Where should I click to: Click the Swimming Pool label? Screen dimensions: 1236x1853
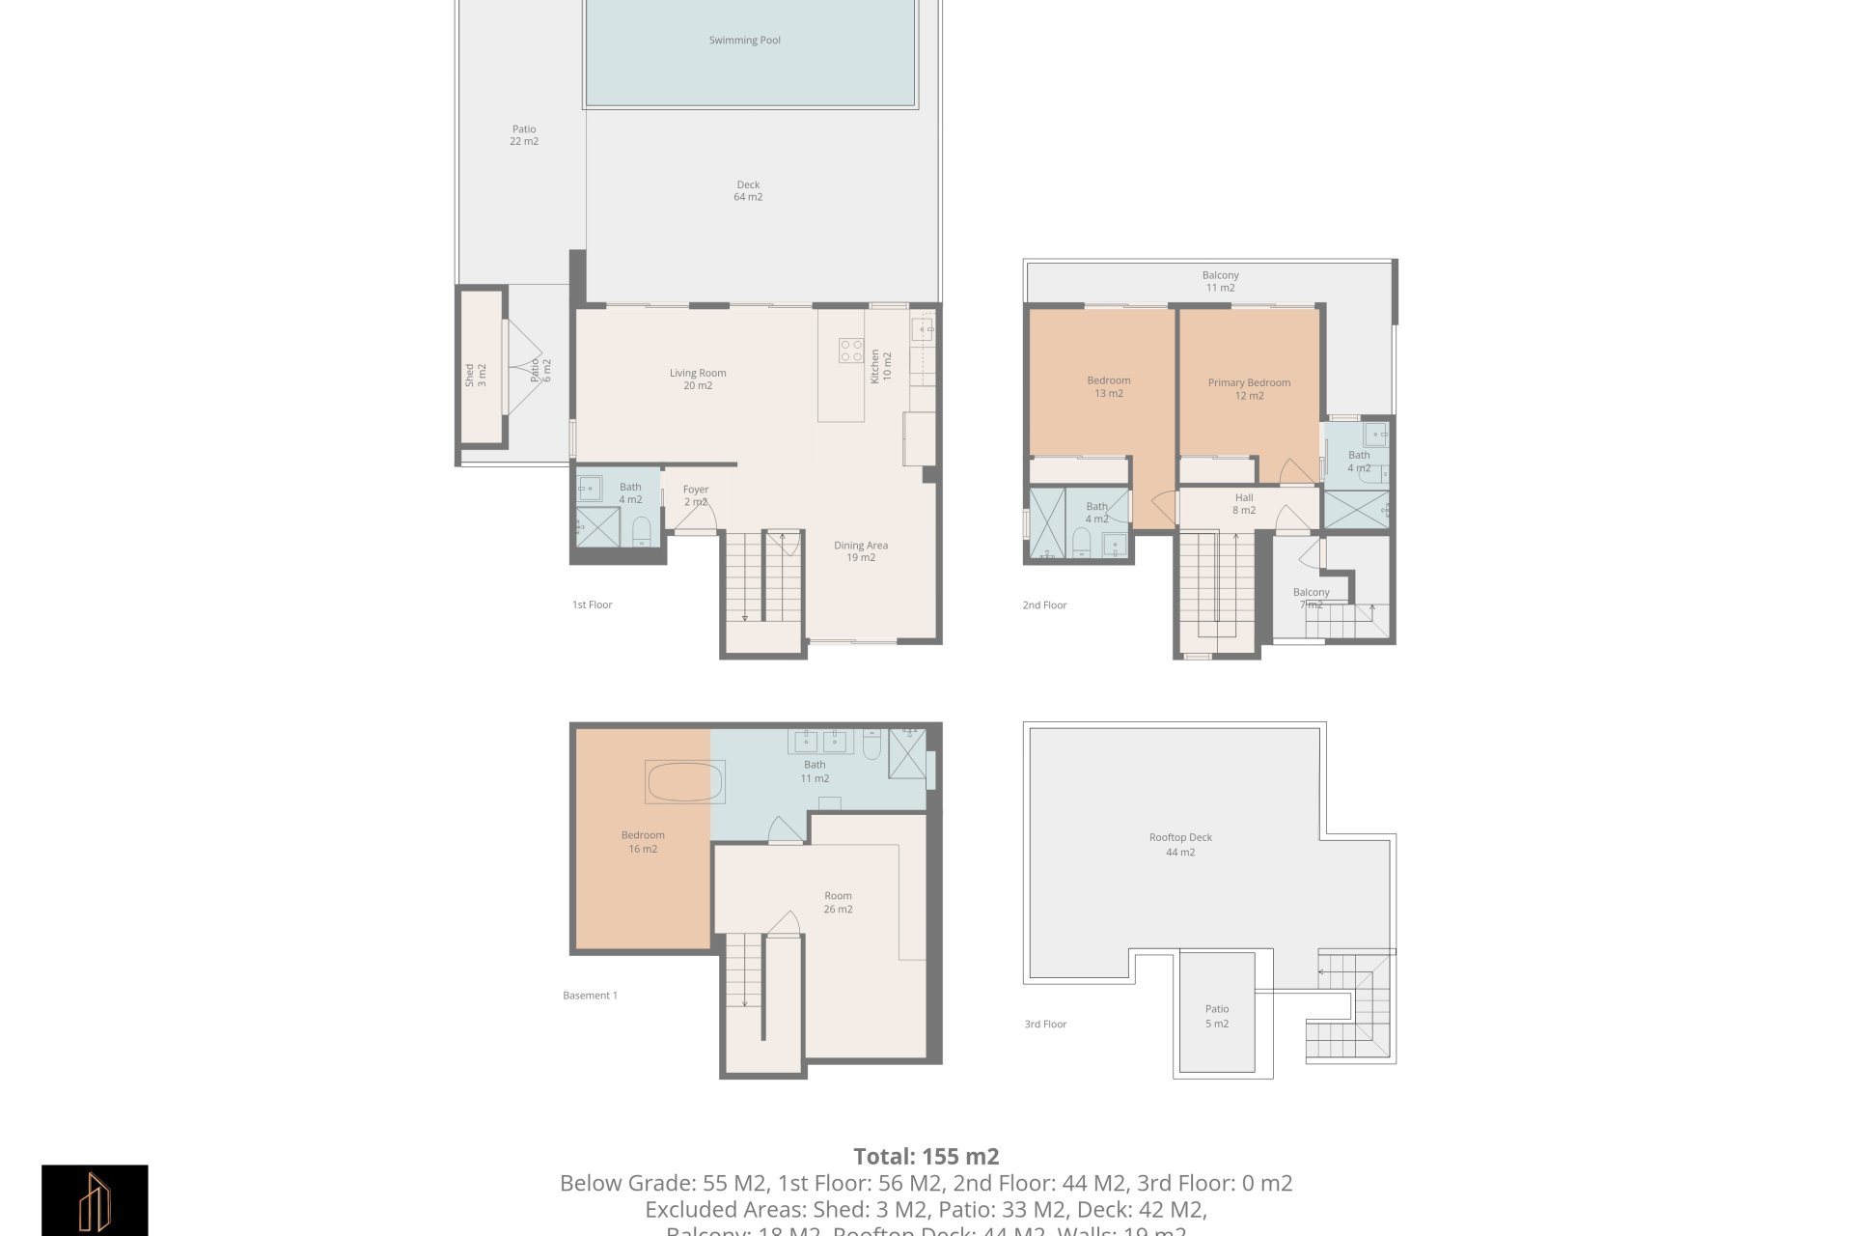coord(744,41)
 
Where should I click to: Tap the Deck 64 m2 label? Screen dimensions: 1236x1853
coord(748,190)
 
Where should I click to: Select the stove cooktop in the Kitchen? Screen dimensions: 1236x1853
coord(850,351)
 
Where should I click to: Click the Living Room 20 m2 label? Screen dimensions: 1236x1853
coord(698,379)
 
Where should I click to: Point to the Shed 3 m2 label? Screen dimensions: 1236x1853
coord(475,376)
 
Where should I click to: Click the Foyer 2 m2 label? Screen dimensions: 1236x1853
coord(696,495)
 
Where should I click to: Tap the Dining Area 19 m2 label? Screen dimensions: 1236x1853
coord(861,551)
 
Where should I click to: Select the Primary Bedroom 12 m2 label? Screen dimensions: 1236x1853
coord(1249,389)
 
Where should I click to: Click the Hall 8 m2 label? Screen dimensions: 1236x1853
coord(1244,504)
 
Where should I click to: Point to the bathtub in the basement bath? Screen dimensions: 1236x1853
coord(685,782)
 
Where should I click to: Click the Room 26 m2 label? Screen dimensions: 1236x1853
coord(838,902)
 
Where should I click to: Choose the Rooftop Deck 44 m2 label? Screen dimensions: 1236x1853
coord(1180,845)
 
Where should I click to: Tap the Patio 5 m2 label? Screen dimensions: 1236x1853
coord(1216,1016)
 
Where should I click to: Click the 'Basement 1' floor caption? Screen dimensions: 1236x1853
coord(590,996)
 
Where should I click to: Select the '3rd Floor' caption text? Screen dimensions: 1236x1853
coord(1045,1025)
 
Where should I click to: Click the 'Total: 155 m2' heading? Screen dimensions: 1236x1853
coord(926,1156)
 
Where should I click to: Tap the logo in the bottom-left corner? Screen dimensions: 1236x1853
coord(95,1200)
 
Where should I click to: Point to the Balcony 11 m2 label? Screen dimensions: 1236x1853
coord(1220,281)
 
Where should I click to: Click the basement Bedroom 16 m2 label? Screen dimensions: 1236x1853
coord(643,842)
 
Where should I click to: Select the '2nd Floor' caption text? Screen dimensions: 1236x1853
coord(1044,605)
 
